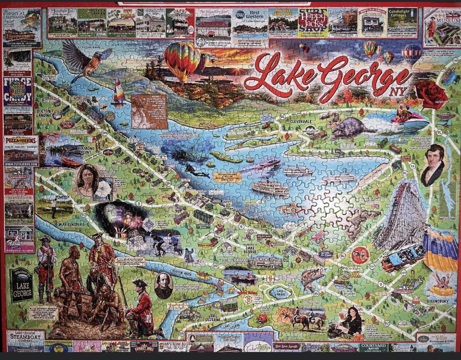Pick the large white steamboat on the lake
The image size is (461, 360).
pos(270,187)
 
